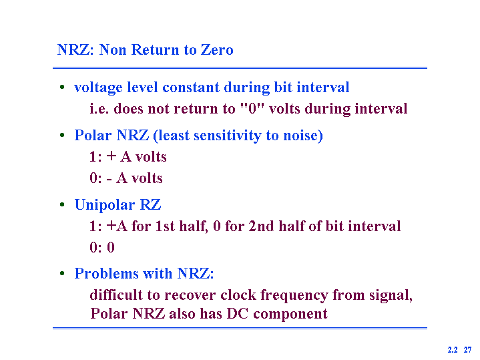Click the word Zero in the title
click(x=217, y=49)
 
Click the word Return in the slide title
click(x=155, y=49)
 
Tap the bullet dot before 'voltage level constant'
click(x=62, y=87)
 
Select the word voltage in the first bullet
click(x=98, y=88)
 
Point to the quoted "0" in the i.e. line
click(x=252, y=108)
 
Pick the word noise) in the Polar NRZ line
click(x=303, y=136)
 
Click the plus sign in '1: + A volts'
click(x=111, y=156)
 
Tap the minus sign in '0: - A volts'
click(x=109, y=179)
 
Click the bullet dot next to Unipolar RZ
click(x=62, y=204)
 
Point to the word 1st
click(x=166, y=226)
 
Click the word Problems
click(x=106, y=273)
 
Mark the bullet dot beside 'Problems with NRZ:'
click(x=62, y=273)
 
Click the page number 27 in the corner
click(x=467, y=349)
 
